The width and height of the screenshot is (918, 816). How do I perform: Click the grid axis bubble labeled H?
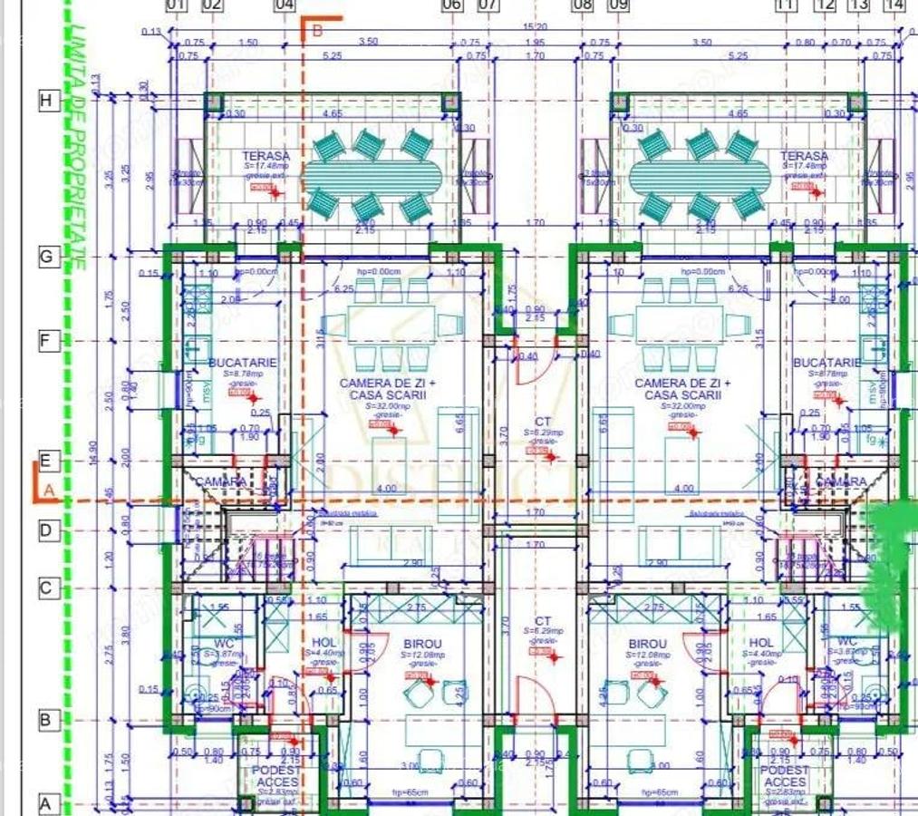coord(48,101)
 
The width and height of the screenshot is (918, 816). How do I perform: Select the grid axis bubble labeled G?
coord(48,257)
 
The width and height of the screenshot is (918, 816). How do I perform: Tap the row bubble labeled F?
coord(48,342)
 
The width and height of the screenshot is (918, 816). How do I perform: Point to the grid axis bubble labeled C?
coord(48,588)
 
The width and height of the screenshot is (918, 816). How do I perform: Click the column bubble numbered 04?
coord(285,5)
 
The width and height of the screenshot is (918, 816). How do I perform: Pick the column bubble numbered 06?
coord(451,5)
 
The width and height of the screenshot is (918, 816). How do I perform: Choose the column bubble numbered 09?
coord(619,5)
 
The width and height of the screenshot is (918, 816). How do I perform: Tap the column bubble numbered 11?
coord(787,5)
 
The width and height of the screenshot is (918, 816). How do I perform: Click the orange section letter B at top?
coord(317,29)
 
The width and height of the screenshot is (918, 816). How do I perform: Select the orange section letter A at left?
coord(50,490)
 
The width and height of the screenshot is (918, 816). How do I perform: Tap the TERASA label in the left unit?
coord(266,156)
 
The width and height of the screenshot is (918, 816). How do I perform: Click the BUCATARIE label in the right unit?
coord(826,363)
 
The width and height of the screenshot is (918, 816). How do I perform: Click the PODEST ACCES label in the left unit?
coord(277,776)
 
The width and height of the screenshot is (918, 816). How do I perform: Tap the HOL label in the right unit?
coord(765,643)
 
